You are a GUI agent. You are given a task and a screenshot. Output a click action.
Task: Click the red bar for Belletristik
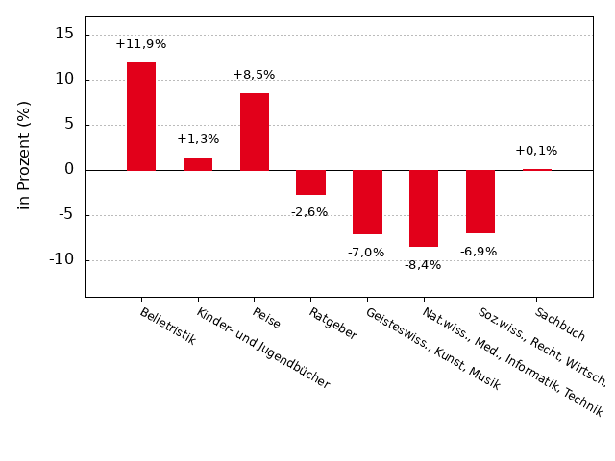tap(141, 116)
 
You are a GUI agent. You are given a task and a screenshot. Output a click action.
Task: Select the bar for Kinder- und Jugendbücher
tap(198, 164)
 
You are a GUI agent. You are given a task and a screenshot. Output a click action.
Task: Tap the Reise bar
tap(255, 132)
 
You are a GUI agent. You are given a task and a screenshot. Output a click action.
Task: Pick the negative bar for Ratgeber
tap(310, 182)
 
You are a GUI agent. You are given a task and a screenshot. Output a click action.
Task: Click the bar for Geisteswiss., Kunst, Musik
tap(367, 202)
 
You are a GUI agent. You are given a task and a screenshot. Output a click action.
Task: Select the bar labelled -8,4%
tap(424, 208)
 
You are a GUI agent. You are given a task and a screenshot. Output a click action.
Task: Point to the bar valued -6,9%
tap(480, 202)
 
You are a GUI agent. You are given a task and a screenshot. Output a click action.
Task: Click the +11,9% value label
tap(141, 44)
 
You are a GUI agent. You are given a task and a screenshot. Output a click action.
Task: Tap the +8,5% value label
tap(254, 75)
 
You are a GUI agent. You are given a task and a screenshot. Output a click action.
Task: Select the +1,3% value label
tap(198, 139)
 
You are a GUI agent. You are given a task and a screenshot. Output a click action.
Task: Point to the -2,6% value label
tap(309, 212)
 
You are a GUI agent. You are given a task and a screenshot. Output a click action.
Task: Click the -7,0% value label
tap(366, 253)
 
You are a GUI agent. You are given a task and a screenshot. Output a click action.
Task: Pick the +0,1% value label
tap(536, 151)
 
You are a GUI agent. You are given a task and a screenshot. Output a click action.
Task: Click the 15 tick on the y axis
tap(64, 34)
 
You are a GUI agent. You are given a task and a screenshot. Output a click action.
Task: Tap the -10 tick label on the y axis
tap(60, 259)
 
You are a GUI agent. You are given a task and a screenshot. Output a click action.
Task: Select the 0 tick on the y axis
tap(69, 169)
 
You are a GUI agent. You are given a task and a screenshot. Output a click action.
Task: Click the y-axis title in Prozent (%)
tap(25, 155)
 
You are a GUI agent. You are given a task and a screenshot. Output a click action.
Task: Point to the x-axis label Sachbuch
tap(559, 325)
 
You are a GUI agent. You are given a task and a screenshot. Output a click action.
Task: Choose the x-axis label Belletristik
tap(167, 327)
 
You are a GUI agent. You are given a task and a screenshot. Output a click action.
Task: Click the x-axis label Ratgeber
tap(332, 324)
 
